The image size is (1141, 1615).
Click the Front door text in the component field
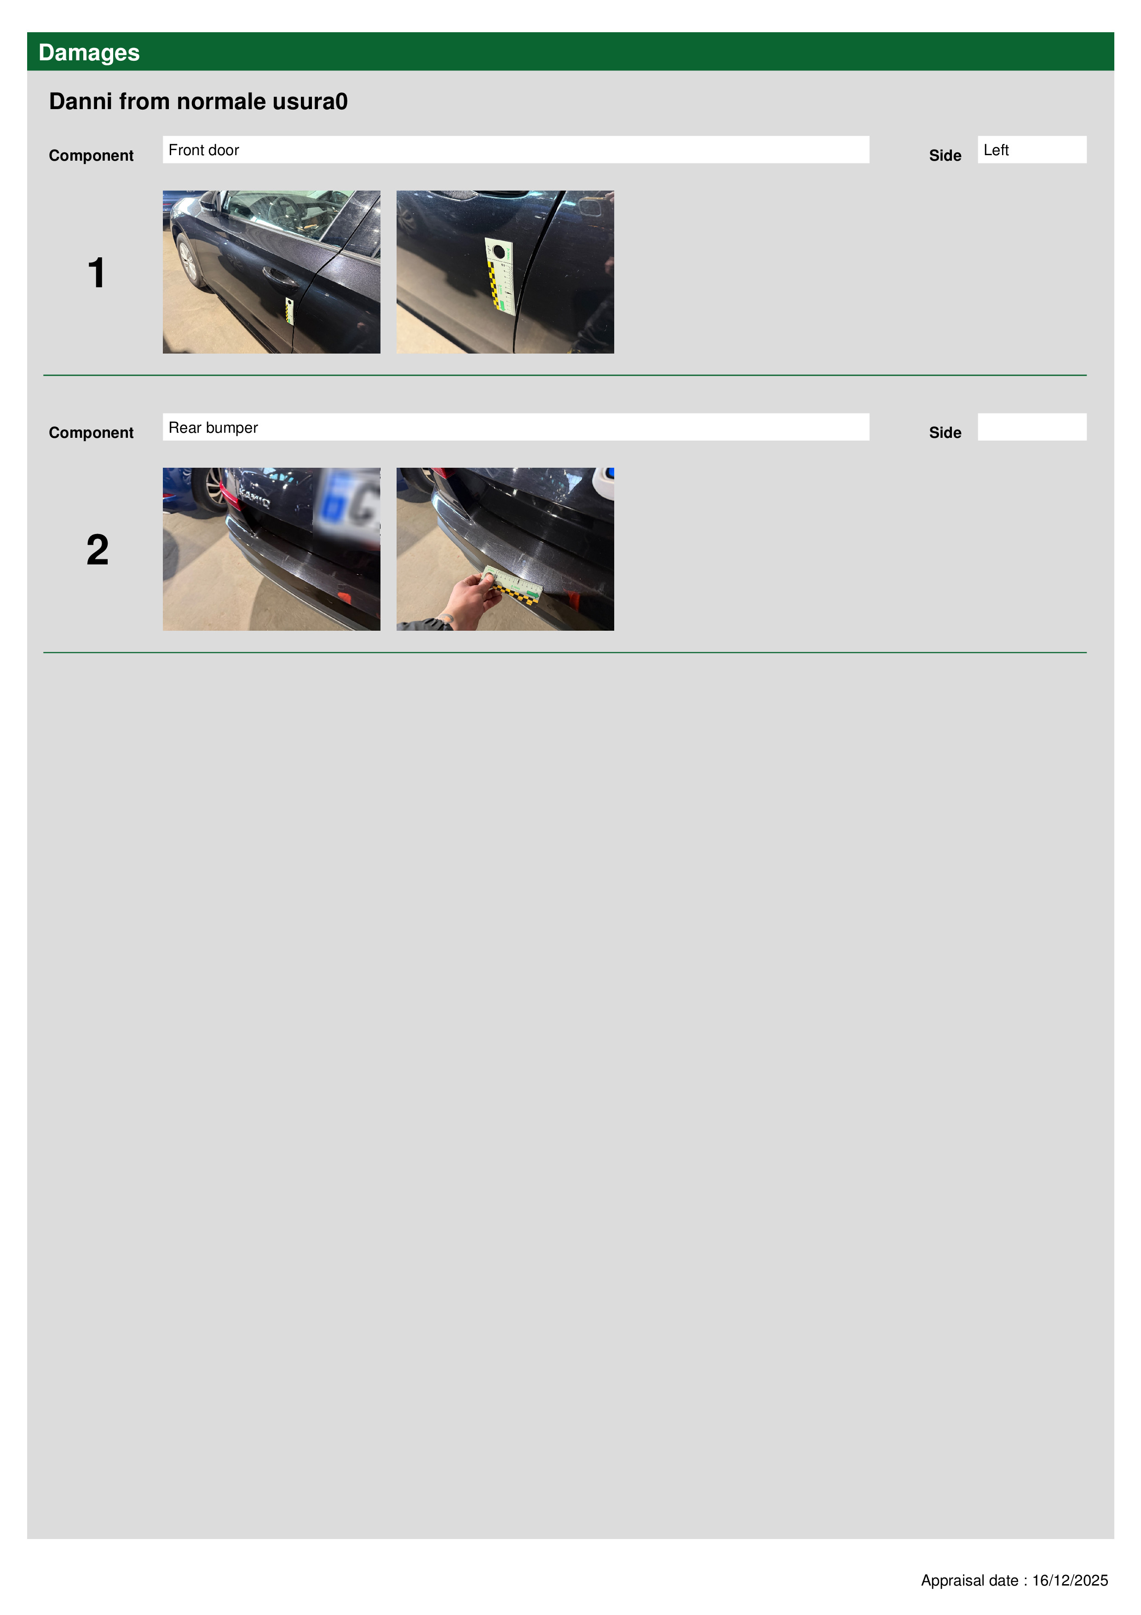(204, 150)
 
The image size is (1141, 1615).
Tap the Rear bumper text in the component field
(213, 428)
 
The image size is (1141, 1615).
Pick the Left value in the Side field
(996, 150)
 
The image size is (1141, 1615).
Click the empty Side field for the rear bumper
(1032, 427)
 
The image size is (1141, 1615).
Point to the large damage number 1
(96, 273)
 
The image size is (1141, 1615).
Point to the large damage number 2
(98, 549)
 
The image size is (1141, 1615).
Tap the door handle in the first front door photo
(280, 276)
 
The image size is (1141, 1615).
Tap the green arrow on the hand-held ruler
(532, 595)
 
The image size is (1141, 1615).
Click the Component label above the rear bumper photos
(92, 433)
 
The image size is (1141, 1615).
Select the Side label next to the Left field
(945, 156)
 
